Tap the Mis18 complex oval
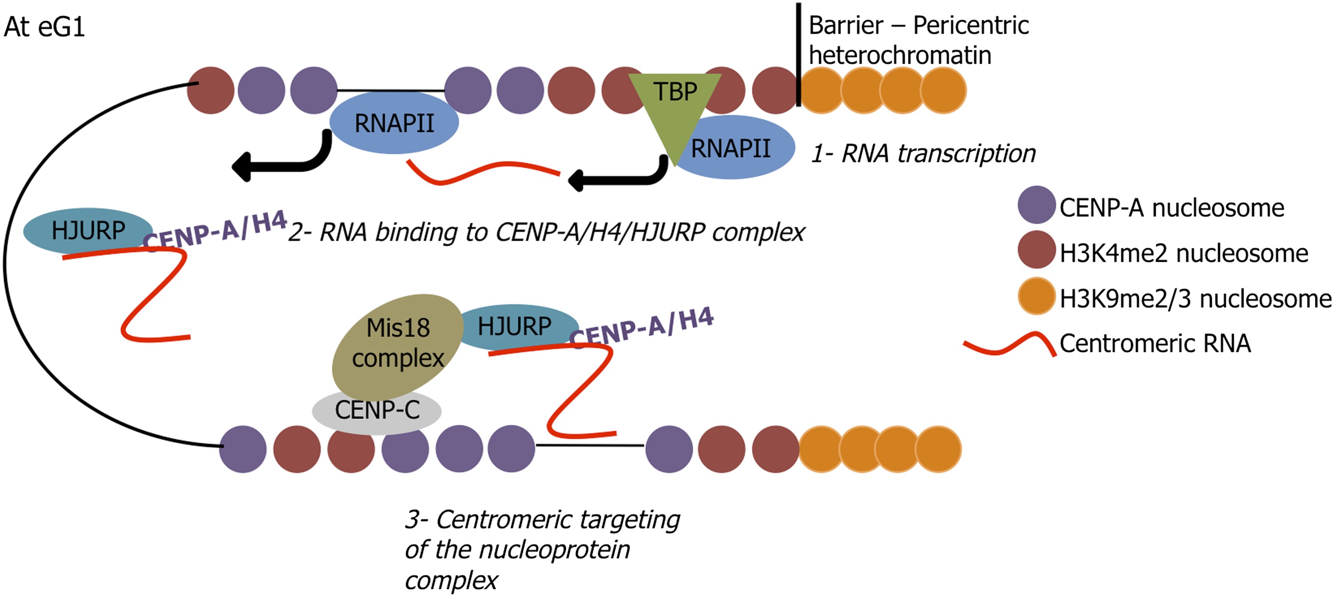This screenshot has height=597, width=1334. pyautogui.click(x=397, y=344)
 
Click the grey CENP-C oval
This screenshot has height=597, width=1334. pyautogui.click(x=377, y=411)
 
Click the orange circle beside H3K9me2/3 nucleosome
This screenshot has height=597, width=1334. pyautogui.click(x=1036, y=296)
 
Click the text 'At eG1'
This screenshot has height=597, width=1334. pyautogui.click(x=44, y=27)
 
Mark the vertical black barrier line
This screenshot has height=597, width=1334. pyautogui.click(x=798, y=54)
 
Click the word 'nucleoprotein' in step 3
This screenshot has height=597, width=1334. pyautogui.click(x=554, y=549)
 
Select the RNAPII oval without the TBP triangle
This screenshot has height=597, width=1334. pyautogui.click(x=394, y=123)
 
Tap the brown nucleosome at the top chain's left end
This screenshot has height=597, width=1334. pyautogui.click(x=210, y=90)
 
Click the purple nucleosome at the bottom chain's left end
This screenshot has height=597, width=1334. pyautogui.click(x=243, y=449)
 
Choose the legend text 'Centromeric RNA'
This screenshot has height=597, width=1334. pyautogui.click(x=1155, y=343)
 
